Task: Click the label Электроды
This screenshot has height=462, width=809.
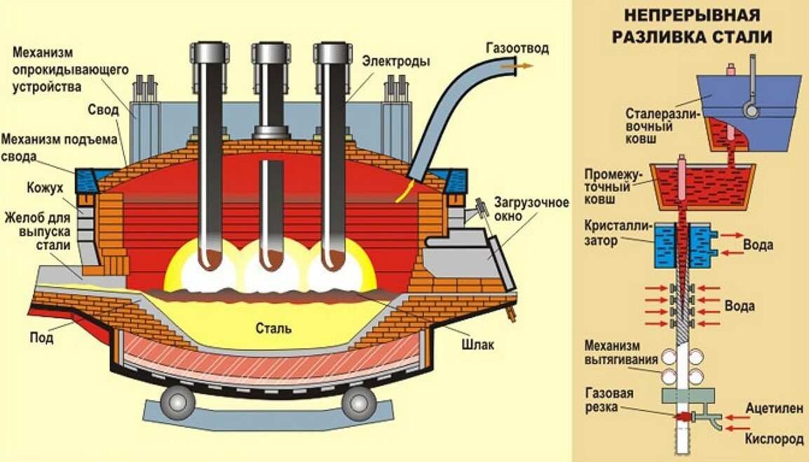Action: [x=395, y=62]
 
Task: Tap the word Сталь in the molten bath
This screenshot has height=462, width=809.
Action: [x=273, y=328]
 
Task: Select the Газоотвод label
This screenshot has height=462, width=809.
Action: [x=517, y=48]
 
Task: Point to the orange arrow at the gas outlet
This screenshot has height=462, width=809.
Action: [x=524, y=65]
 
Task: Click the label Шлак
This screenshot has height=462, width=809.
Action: [x=478, y=344]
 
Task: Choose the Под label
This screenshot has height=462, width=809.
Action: [x=41, y=338]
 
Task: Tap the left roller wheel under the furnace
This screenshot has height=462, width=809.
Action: [x=177, y=402]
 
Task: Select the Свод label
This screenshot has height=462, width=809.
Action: [x=102, y=110]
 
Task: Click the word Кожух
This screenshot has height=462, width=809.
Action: [x=45, y=187]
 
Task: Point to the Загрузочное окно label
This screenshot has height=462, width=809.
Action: [x=531, y=209]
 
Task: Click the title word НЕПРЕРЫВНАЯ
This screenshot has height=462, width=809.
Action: [x=693, y=15]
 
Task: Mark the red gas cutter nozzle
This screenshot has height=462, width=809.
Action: [x=684, y=416]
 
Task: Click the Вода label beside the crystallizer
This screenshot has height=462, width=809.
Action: [x=758, y=244]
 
